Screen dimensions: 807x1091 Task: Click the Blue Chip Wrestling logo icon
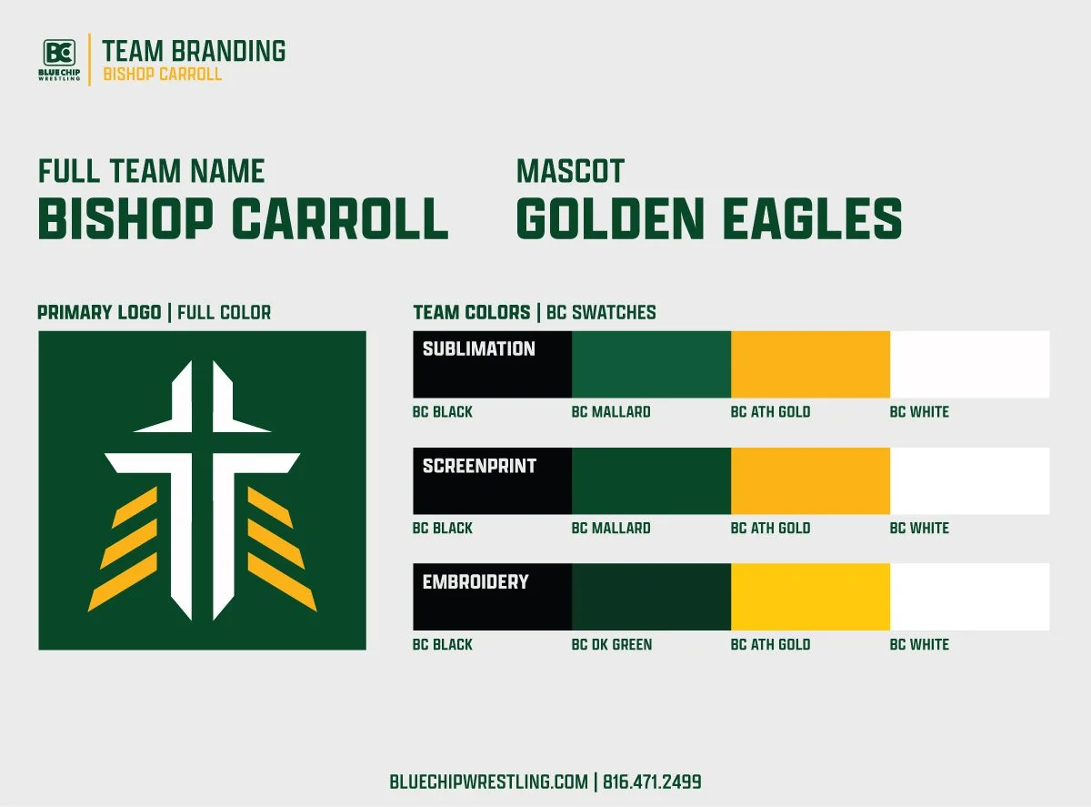point(61,52)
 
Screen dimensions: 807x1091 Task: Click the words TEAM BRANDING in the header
point(194,51)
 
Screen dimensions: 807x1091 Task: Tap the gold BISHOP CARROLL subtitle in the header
point(162,74)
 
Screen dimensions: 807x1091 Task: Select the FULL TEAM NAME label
point(151,171)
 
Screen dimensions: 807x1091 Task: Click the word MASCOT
point(570,171)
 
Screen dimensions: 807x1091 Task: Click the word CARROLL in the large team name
point(340,219)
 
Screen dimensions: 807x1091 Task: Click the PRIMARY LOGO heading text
point(99,313)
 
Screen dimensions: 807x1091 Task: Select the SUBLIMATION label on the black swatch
point(478,348)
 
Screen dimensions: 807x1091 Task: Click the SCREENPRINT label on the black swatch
point(479,466)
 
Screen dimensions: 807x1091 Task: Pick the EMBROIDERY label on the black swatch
point(475,581)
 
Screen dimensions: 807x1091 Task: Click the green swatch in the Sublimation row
point(651,364)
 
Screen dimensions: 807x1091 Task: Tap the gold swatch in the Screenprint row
point(810,480)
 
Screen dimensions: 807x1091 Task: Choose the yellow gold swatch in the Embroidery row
point(810,597)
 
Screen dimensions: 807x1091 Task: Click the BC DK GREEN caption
point(611,645)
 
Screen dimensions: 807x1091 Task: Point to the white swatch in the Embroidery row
point(969,597)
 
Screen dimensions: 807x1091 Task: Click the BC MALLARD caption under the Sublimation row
point(611,412)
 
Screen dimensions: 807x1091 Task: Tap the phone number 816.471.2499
point(652,782)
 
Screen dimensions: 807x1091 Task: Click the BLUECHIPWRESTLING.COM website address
point(488,782)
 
